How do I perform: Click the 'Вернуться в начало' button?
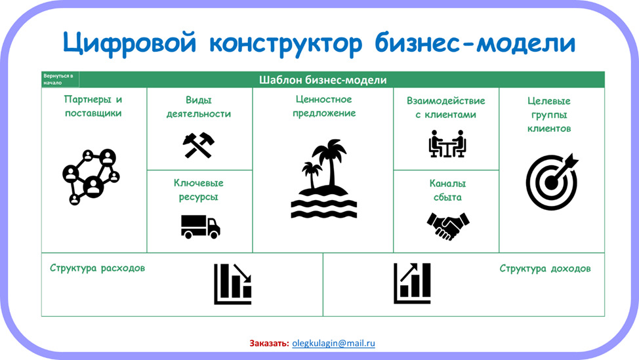(x=60, y=79)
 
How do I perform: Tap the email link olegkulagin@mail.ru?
(x=333, y=344)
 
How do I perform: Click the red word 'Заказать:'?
(x=270, y=344)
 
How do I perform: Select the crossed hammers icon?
(x=199, y=145)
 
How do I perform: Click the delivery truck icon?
(x=201, y=227)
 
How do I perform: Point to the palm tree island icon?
(x=324, y=179)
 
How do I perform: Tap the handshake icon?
(x=448, y=226)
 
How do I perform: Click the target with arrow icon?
(x=552, y=182)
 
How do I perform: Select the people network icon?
(x=91, y=177)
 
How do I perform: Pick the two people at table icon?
(x=447, y=144)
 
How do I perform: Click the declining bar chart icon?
(x=233, y=284)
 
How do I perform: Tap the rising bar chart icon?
(x=412, y=283)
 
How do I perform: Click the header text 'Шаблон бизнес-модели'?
(x=323, y=80)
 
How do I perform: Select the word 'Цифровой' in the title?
(x=130, y=43)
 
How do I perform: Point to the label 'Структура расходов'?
(x=97, y=268)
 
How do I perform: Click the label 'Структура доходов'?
(x=545, y=269)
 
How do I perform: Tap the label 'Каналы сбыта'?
(x=447, y=190)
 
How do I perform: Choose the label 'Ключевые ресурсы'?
(x=199, y=190)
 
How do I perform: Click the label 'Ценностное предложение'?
(x=324, y=106)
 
